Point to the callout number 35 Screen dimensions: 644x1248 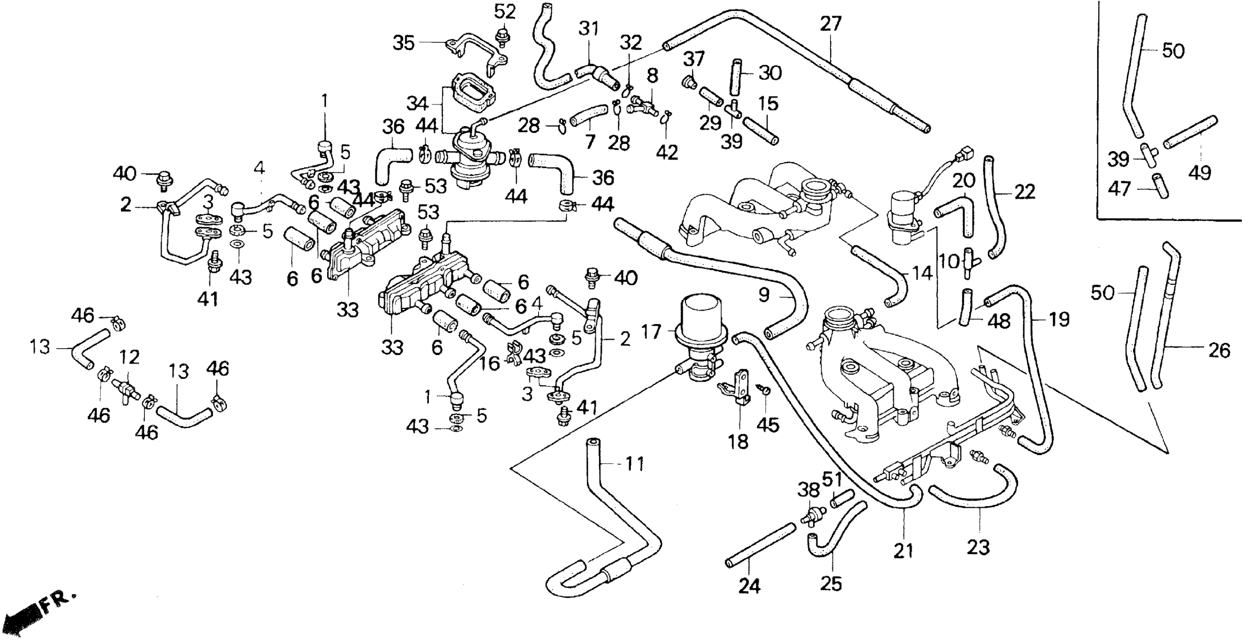coord(404,44)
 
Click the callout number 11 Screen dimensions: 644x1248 coord(634,464)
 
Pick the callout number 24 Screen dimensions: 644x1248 coord(749,586)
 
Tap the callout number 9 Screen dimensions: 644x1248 coord(764,295)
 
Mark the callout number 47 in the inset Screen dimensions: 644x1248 coord(1119,189)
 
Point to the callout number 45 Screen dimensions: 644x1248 coord(768,425)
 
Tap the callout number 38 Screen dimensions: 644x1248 coord(808,491)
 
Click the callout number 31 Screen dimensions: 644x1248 coord(589,29)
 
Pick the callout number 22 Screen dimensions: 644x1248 coord(1025,192)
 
